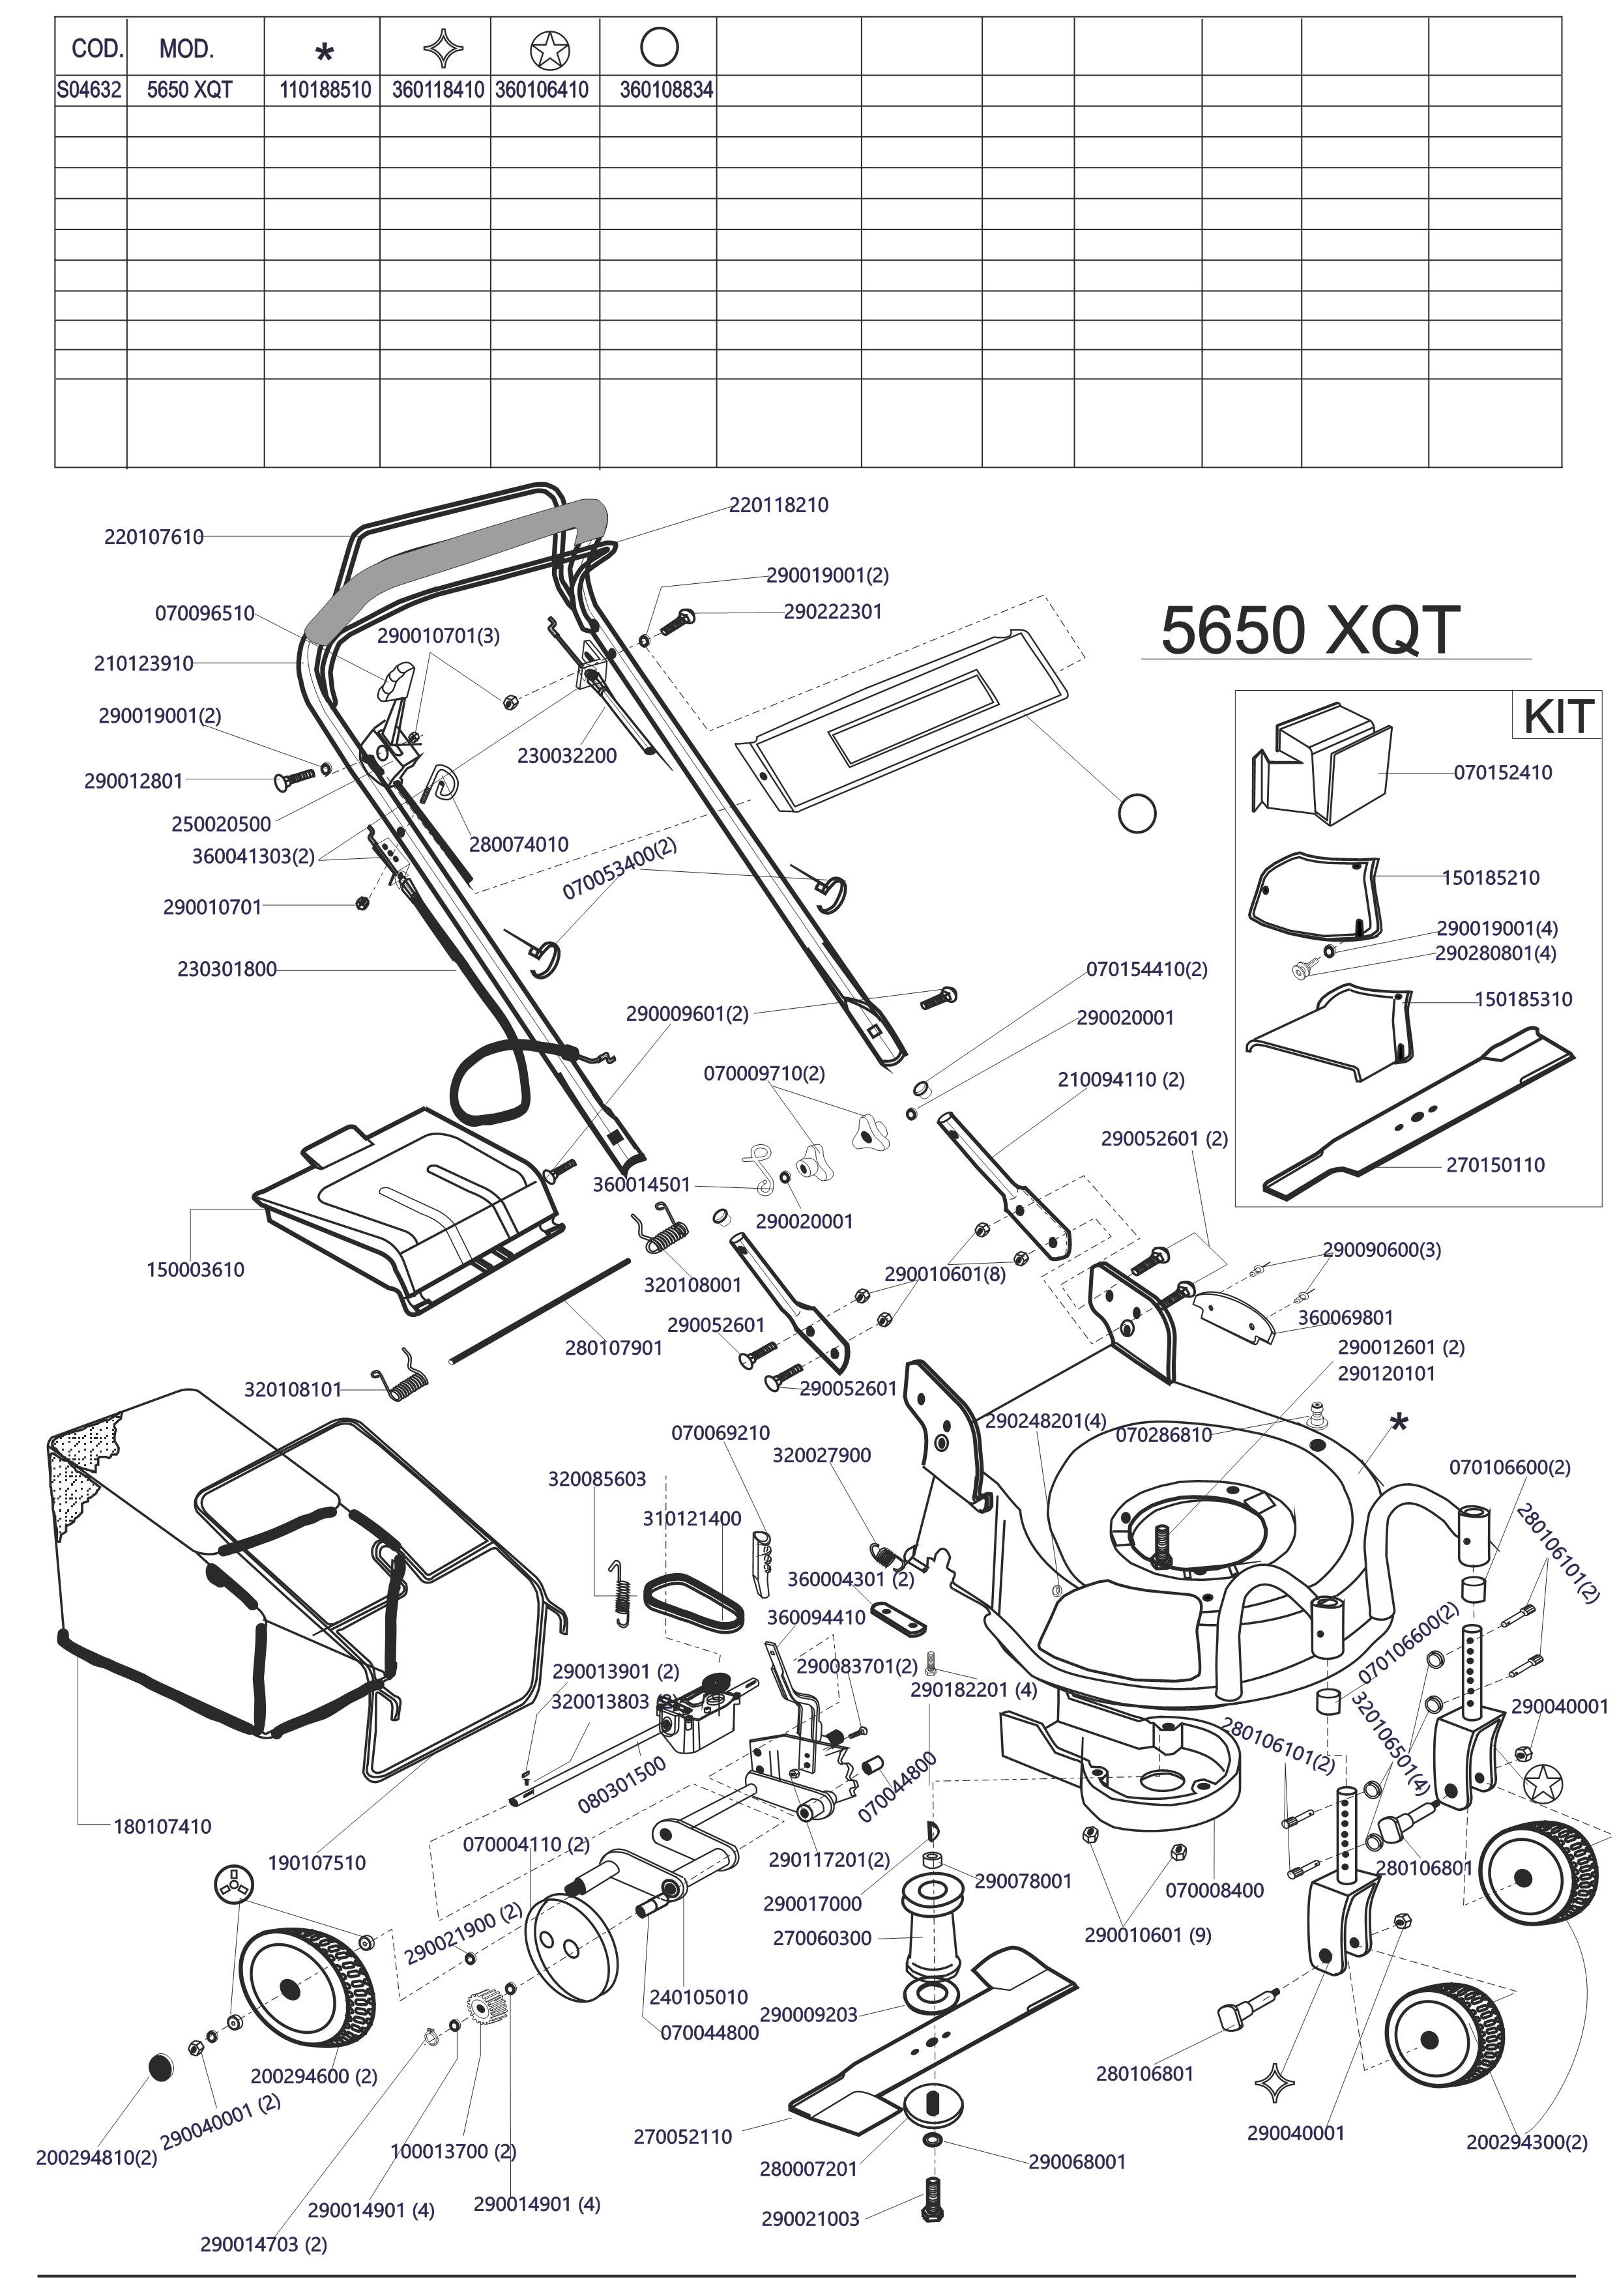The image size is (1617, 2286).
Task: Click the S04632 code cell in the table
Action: [89, 90]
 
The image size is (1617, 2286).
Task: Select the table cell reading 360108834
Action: [666, 90]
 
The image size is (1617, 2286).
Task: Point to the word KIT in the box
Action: [1558, 716]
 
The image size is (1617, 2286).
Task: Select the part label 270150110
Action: [1496, 1165]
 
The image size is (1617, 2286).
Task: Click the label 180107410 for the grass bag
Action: [162, 1827]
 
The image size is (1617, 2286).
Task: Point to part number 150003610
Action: [195, 1271]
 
